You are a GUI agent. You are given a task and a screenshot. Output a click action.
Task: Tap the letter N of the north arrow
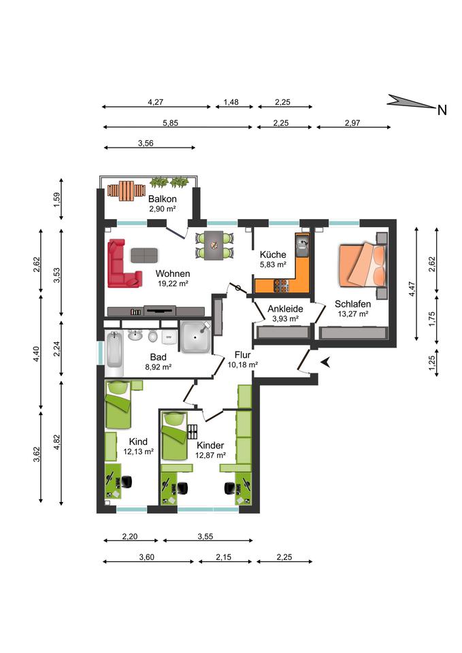pyautogui.click(x=442, y=110)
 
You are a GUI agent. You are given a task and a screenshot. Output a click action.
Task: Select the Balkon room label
pyautogui.click(x=163, y=199)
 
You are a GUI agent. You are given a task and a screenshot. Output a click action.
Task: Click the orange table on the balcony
pyautogui.click(x=127, y=191)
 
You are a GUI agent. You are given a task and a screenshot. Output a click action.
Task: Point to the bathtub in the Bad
pyautogui.click(x=114, y=353)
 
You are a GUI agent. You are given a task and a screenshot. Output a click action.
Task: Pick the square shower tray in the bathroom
pyautogui.click(x=196, y=337)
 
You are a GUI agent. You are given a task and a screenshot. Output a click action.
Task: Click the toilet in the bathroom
pyautogui.click(x=153, y=335)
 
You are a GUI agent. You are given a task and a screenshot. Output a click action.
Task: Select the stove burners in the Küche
pyautogui.click(x=281, y=285)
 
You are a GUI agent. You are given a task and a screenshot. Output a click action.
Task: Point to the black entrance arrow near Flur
pyautogui.click(x=326, y=363)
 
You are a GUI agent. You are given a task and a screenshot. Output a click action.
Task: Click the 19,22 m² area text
pyautogui.click(x=173, y=284)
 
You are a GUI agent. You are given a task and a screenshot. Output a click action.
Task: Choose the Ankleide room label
pyautogui.click(x=285, y=309)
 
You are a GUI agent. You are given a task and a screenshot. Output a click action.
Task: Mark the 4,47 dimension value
pyautogui.click(x=412, y=289)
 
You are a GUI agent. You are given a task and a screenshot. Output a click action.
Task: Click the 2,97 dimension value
pyautogui.click(x=352, y=123)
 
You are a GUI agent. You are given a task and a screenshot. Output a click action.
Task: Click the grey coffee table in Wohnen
pyautogui.click(x=144, y=255)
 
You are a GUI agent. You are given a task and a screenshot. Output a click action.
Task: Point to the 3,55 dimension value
pyautogui.click(x=205, y=537)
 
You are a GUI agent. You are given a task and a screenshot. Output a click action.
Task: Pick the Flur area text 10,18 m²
pyautogui.click(x=242, y=365)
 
